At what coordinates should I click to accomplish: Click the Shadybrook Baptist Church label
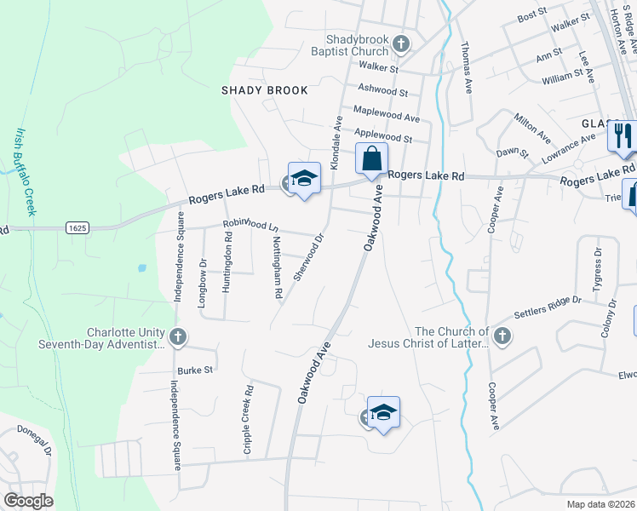pyautogui.click(x=356, y=45)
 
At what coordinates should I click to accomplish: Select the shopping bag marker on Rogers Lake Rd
pyautogui.click(x=371, y=158)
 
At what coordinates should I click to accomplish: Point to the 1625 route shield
pyautogui.click(x=76, y=227)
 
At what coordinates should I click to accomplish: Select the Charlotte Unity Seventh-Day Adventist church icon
pyautogui.click(x=178, y=337)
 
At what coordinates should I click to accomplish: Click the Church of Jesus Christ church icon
pyautogui.click(x=501, y=336)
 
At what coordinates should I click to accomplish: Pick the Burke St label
pyautogui.click(x=195, y=370)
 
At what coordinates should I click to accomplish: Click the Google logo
pyautogui.click(x=28, y=501)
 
